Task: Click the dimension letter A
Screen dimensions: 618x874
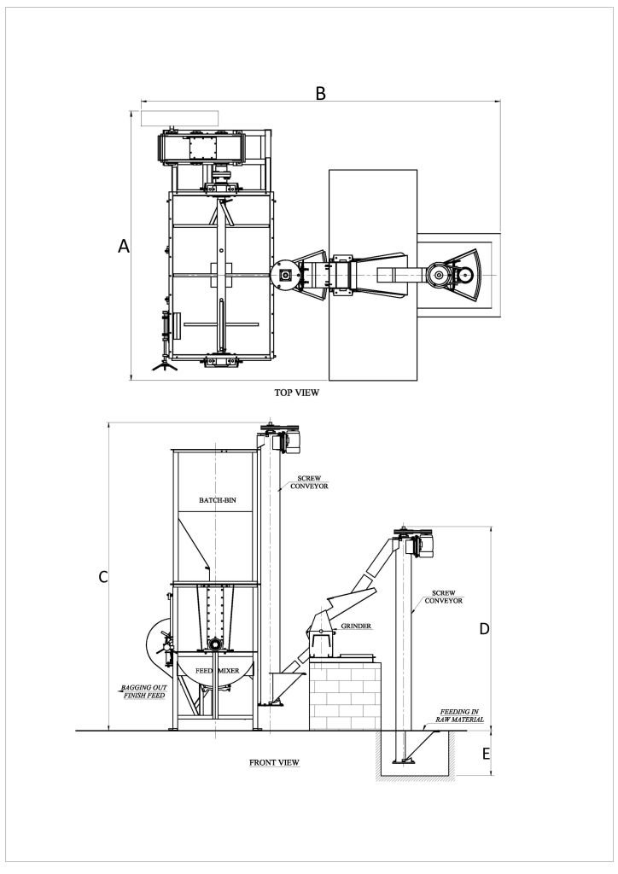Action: (124, 246)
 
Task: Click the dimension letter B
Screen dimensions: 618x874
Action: (320, 93)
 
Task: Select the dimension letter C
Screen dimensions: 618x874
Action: (103, 577)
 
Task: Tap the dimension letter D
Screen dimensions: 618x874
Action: (484, 629)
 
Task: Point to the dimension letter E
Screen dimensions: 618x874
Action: (486, 754)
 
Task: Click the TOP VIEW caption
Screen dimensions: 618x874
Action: (296, 393)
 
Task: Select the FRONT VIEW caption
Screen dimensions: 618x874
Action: (274, 762)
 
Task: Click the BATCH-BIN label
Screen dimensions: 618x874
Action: (218, 500)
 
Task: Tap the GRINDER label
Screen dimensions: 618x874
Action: (356, 626)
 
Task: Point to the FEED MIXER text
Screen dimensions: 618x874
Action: (218, 671)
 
